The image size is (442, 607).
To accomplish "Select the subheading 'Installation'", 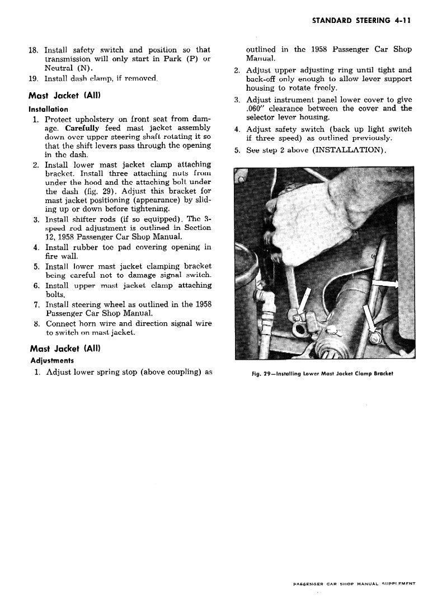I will [49, 109].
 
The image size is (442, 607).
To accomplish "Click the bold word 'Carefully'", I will [82, 128].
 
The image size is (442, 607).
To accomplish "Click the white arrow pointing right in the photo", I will [387, 284].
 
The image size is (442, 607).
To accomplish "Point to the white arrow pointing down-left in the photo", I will [302, 302].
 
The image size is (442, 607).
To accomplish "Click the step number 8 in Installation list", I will [35, 323].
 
